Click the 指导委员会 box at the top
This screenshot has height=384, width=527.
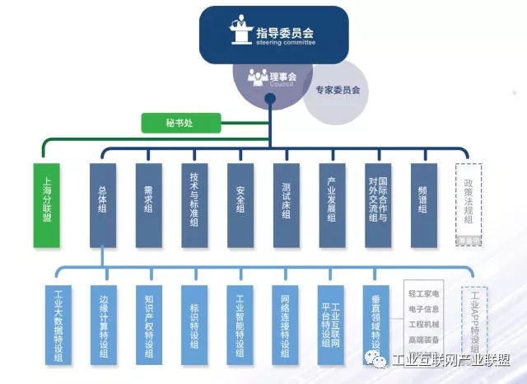click(x=273, y=35)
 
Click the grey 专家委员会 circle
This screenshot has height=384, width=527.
click(x=332, y=90)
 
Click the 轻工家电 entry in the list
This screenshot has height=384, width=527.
click(x=423, y=293)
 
